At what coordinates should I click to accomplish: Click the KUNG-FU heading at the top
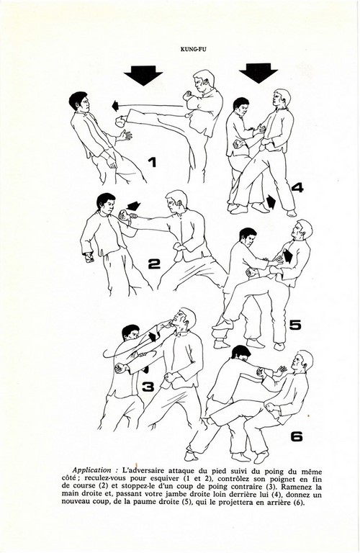[x=193, y=50]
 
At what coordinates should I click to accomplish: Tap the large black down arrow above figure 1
[x=143, y=76]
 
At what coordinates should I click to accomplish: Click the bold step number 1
[x=152, y=162]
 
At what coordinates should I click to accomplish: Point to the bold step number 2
[x=154, y=264]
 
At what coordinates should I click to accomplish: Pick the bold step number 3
[x=148, y=387]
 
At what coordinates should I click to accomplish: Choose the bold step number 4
[x=297, y=187]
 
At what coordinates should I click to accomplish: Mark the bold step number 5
[x=295, y=325]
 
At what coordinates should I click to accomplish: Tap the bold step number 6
[x=297, y=436]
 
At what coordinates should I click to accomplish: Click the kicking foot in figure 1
[x=121, y=121]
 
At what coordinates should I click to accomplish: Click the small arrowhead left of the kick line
[x=114, y=105]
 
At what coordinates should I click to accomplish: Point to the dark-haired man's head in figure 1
[x=79, y=102]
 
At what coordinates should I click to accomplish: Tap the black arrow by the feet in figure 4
[x=271, y=202]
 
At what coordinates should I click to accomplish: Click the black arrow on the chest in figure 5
[x=288, y=256]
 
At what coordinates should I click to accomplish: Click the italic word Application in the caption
[x=92, y=470]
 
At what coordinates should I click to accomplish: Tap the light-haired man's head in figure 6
[x=301, y=361]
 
